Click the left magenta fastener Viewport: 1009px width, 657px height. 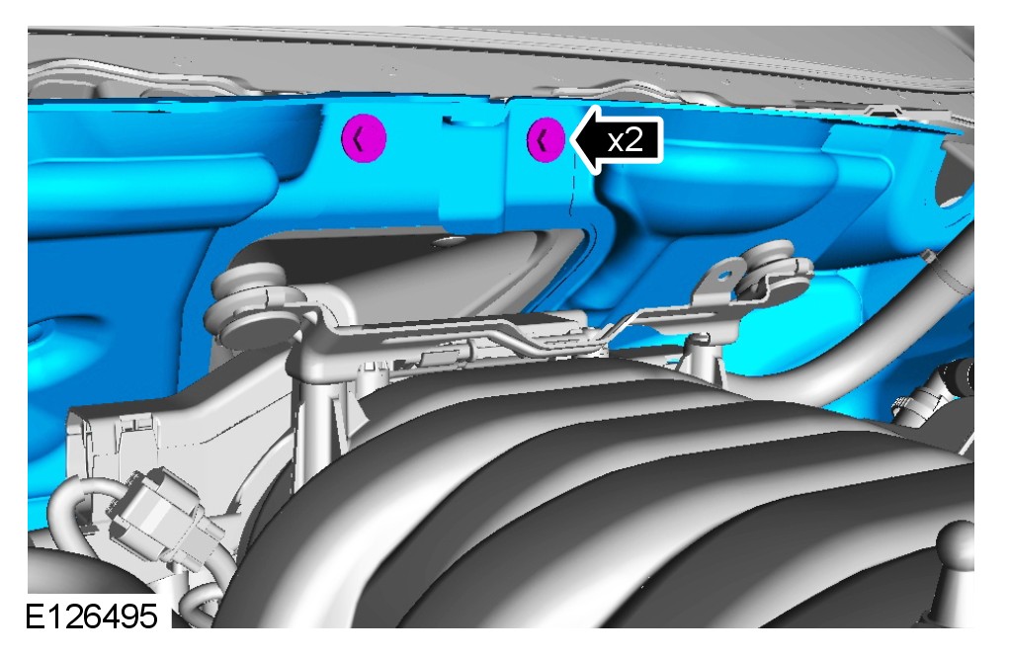click(364, 138)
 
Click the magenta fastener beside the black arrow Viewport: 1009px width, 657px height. click(546, 139)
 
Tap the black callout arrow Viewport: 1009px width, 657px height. click(616, 139)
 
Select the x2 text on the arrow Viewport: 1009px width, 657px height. click(625, 139)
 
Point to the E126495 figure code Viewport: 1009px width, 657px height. click(91, 616)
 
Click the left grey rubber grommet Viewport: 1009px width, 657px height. click(251, 302)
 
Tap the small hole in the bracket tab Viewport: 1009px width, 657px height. click(724, 276)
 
